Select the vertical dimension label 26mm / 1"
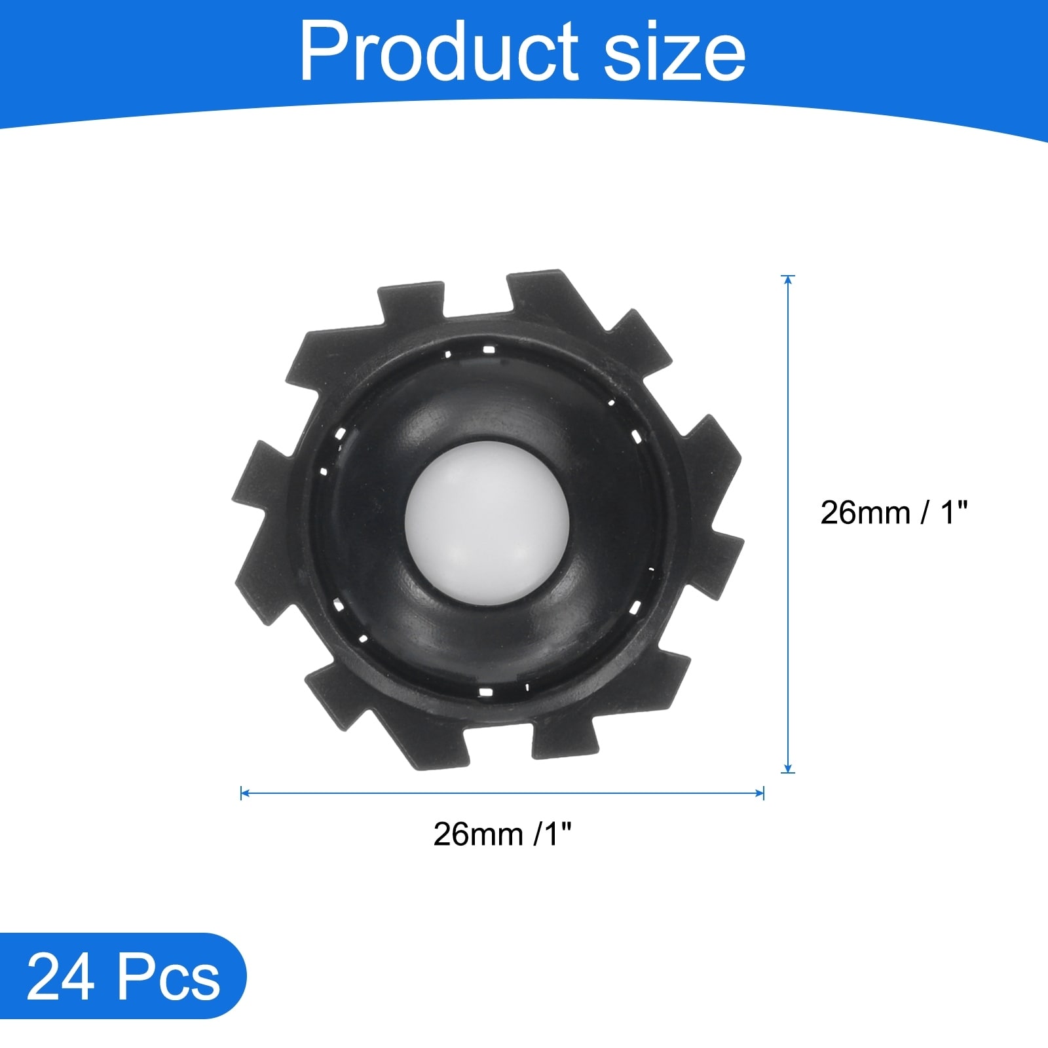pos(893,512)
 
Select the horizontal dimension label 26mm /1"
pos(502,834)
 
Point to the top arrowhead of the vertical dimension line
pos(788,279)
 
